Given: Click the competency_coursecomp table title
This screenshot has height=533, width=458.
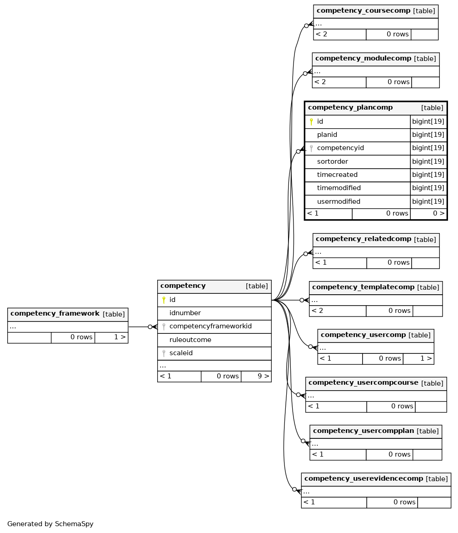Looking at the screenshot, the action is tap(363, 11).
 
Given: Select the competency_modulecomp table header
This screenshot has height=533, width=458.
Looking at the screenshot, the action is tap(363, 59).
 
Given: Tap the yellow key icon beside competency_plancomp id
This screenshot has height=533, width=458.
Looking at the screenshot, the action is tap(311, 121).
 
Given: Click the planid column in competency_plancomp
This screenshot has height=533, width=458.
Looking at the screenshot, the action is tap(327, 135).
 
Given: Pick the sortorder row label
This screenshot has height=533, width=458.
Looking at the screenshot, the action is tap(333, 161).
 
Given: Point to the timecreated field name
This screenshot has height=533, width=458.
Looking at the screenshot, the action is tap(337, 175).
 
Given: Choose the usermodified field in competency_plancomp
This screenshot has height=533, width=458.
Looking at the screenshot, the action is tap(339, 201).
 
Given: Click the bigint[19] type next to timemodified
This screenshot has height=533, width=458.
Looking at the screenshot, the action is tap(428, 188).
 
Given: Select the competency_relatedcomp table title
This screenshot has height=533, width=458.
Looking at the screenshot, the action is tap(363, 239).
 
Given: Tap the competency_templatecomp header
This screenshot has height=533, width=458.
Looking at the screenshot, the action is tap(363, 287).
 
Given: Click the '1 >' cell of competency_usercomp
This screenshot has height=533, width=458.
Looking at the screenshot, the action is tap(426, 358).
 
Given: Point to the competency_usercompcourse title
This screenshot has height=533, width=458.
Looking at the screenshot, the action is tap(363, 383).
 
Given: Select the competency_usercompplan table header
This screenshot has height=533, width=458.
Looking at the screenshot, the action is tap(363, 431).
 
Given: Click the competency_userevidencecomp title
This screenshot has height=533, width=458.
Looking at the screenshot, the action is tap(363, 478).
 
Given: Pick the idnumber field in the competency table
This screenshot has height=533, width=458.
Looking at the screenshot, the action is tap(185, 313).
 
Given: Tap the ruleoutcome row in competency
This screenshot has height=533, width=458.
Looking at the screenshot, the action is tap(190, 340).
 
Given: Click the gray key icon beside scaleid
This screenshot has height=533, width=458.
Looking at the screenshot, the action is tap(164, 353).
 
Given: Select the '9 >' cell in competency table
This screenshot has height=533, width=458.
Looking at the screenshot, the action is tap(263, 376).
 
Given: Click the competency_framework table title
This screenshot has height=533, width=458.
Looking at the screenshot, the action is tap(55, 314).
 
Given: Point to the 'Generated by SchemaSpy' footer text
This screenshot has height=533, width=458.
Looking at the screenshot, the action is tap(50, 524).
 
